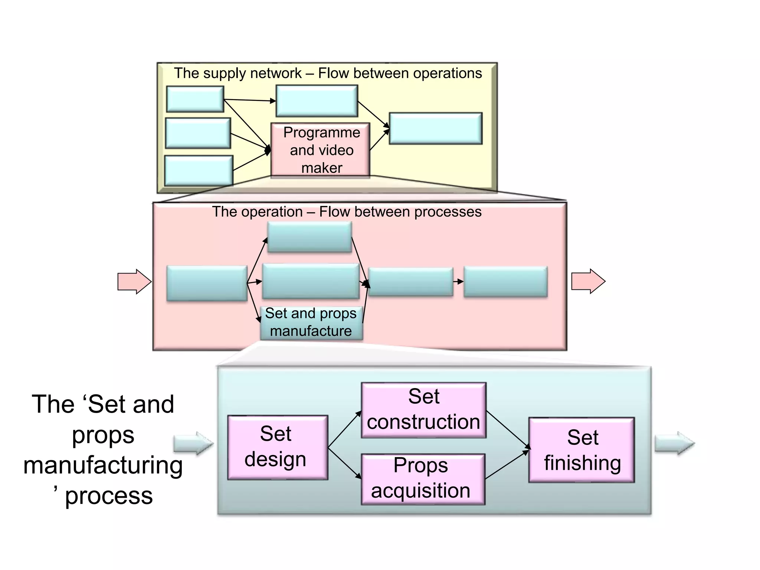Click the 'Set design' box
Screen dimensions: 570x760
tap(278, 447)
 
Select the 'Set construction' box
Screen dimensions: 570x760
tap(423, 410)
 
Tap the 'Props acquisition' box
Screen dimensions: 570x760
tap(423, 479)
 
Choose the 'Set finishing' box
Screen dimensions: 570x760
tap(582, 450)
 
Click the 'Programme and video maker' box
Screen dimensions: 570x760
tap(320, 150)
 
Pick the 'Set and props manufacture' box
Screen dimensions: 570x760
tap(311, 322)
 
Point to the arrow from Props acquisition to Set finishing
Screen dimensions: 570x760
tap(507, 464)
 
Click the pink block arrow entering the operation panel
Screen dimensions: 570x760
tap(134, 282)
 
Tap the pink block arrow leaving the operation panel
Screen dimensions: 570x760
tap(588, 281)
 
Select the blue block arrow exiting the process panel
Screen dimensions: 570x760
tap(674, 443)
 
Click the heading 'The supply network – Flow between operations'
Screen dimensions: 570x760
tap(328, 73)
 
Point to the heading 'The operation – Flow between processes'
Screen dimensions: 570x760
tap(347, 212)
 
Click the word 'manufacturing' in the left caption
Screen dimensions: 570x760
tap(103, 465)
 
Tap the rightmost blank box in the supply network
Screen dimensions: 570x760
tap(435, 128)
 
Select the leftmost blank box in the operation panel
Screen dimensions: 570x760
tap(207, 283)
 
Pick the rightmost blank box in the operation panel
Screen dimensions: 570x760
tap(505, 281)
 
